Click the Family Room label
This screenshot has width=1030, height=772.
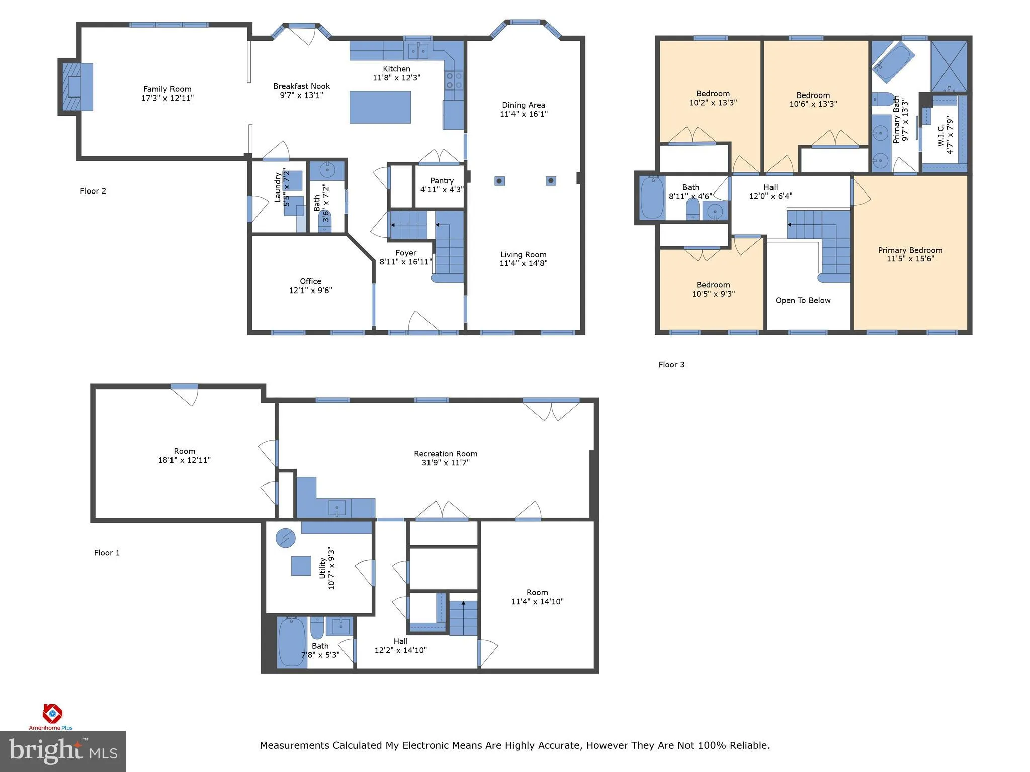tap(167, 89)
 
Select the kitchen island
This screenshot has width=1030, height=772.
tap(380, 107)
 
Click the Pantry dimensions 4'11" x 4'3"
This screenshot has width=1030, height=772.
tap(442, 189)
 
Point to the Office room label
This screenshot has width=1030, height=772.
tap(310, 281)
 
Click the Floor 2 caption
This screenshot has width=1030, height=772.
tap(93, 191)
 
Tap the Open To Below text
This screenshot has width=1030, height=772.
tap(803, 300)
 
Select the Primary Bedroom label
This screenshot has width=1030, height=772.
tap(910, 250)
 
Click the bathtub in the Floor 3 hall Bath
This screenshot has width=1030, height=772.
tap(652, 198)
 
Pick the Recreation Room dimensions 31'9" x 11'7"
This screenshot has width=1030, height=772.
tap(446, 462)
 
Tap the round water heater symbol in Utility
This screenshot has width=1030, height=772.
tap(285, 538)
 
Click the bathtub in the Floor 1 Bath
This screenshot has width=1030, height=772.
tap(292, 642)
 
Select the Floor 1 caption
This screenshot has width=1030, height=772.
tap(107, 553)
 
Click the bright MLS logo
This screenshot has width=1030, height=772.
tap(63, 751)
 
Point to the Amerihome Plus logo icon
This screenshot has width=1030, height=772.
tap(52, 713)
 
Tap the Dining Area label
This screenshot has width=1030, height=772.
tap(523, 105)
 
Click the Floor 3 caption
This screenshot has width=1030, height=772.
tap(671, 365)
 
